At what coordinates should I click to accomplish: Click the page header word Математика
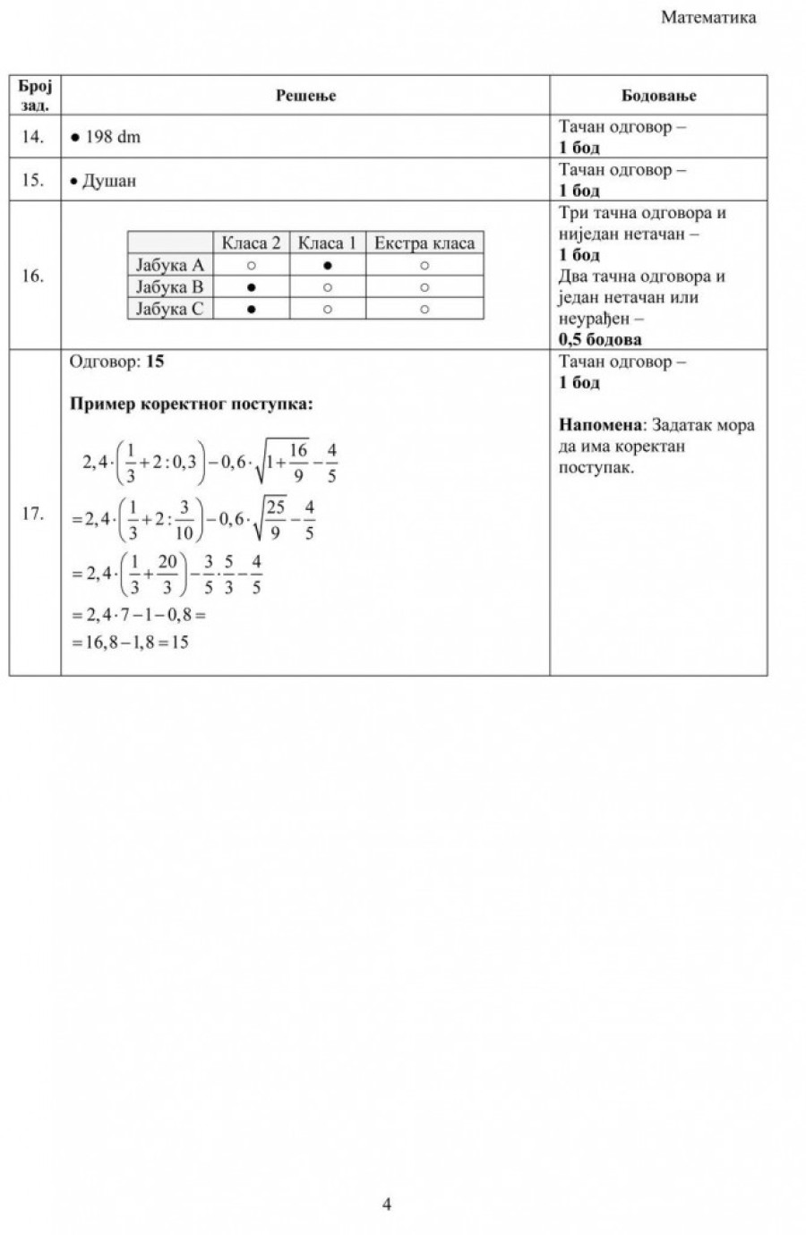point(707,17)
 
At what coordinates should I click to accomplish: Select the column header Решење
point(305,95)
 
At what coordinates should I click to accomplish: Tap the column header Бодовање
point(658,95)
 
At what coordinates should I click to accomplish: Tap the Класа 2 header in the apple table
point(252,243)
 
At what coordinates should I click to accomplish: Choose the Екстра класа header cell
point(424,243)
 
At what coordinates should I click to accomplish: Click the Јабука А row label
point(170,265)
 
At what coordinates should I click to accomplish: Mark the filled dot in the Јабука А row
point(328,266)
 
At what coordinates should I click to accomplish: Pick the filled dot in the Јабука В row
point(252,287)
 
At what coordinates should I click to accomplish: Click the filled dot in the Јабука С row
point(252,309)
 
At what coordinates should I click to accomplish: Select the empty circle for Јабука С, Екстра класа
point(424,309)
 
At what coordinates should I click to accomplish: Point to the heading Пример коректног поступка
point(192,404)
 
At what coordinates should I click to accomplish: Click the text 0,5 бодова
point(600,339)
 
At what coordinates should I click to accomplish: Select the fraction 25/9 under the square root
point(275,519)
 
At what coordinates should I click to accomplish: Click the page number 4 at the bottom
point(387,1205)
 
